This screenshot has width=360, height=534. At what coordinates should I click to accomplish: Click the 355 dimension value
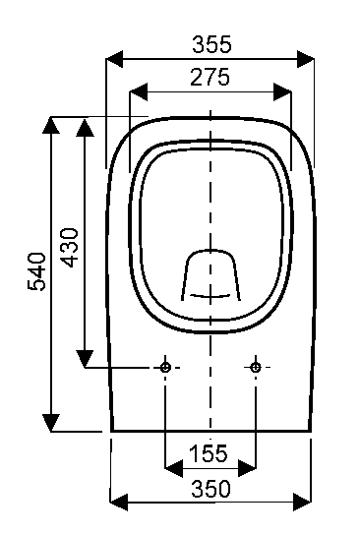pyautogui.click(x=211, y=44)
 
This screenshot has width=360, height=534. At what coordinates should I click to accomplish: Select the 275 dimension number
pyautogui.click(x=210, y=77)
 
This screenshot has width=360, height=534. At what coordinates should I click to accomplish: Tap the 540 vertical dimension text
pyautogui.click(x=36, y=271)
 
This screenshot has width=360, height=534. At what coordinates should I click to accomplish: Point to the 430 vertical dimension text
pyautogui.click(x=69, y=248)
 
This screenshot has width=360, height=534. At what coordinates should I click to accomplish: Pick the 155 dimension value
pyautogui.click(x=209, y=453)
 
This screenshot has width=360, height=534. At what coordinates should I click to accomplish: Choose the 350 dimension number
pyautogui.click(x=210, y=489)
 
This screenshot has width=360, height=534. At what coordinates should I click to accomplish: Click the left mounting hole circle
pyautogui.click(x=166, y=367)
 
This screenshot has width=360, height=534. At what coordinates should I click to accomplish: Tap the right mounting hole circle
pyautogui.click(x=256, y=367)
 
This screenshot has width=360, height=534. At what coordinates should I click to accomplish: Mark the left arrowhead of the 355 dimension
pyautogui.click(x=114, y=59)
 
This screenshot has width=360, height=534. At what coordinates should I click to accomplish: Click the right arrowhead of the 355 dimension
pyautogui.click(x=305, y=59)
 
